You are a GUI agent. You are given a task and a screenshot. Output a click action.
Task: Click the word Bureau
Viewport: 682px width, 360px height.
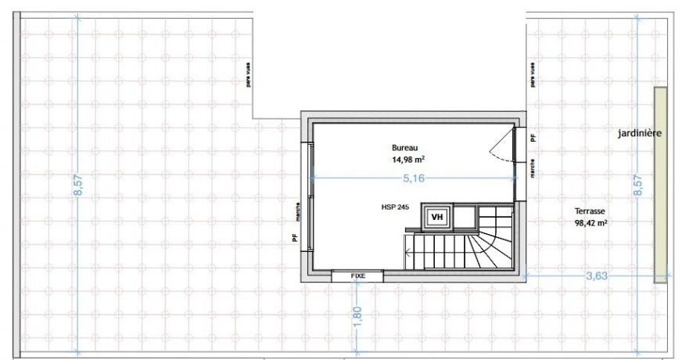click(405, 147)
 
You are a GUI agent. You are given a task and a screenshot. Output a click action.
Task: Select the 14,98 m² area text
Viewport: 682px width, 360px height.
click(407, 159)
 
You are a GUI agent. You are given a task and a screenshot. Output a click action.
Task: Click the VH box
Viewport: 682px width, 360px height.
click(436, 217)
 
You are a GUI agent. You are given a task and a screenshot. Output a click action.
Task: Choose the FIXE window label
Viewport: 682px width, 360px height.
click(357, 276)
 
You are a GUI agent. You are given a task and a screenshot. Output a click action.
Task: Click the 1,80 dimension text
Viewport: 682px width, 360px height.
click(357, 312)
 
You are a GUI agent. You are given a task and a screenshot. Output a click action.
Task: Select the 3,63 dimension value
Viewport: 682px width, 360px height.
click(595, 275)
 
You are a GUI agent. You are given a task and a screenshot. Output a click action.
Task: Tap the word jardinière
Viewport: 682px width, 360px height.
click(639, 134)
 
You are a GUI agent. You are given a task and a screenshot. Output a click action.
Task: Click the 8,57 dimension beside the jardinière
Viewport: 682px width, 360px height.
click(638, 185)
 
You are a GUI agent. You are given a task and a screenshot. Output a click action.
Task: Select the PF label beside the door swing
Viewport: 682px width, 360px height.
click(533, 138)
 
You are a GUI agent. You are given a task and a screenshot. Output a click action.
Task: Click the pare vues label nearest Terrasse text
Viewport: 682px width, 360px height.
click(532, 75)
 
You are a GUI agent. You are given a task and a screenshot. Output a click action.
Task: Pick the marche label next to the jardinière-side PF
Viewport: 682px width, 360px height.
click(532, 169)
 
